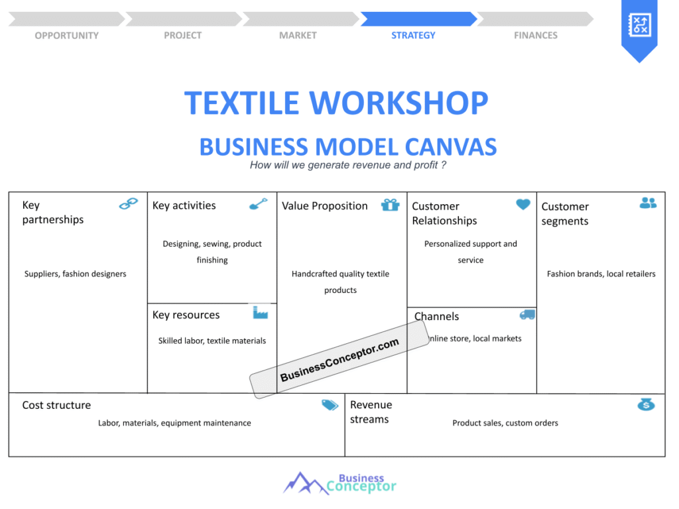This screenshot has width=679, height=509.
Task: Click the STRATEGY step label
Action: click(413, 36)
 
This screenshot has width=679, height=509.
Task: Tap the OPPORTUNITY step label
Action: click(67, 36)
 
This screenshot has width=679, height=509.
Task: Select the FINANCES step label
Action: click(536, 36)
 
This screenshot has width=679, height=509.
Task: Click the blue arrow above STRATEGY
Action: click(419, 19)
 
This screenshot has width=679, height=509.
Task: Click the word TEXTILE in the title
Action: click(241, 103)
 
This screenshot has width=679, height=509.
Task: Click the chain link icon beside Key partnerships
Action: click(128, 203)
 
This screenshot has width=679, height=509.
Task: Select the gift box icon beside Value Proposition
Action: click(390, 205)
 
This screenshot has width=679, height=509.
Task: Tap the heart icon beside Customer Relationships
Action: click(523, 204)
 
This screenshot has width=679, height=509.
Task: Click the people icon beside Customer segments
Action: click(648, 203)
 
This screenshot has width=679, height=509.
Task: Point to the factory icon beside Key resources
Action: click(260, 312)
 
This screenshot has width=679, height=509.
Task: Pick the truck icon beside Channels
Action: click(527, 315)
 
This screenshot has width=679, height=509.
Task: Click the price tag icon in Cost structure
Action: click(330, 405)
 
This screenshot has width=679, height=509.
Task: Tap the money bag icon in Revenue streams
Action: click(646, 404)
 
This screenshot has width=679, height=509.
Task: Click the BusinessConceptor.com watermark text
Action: click(339, 360)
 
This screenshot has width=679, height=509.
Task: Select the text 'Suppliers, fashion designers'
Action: click(76, 274)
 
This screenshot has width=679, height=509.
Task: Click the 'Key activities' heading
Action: click(184, 205)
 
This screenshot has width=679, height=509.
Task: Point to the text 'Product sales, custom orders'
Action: click(505, 423)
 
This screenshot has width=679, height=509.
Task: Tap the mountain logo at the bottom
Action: click(306, 483)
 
